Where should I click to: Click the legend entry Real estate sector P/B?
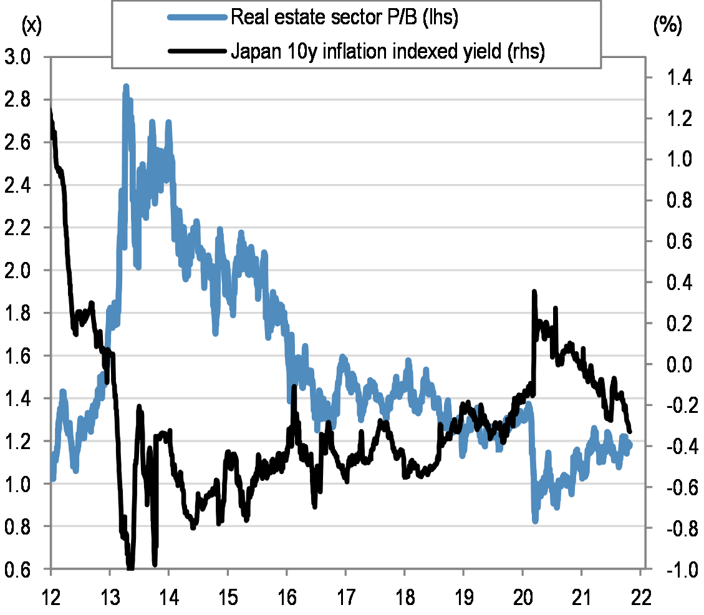tap(345, 17)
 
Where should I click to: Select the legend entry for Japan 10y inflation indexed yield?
tap(388, 52)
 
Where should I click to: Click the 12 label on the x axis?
tap(50, 596)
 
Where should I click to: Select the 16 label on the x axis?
tap(287, 596)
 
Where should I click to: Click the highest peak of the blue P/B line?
tap(126, 87)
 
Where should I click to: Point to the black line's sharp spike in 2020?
tap(534, 291)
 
